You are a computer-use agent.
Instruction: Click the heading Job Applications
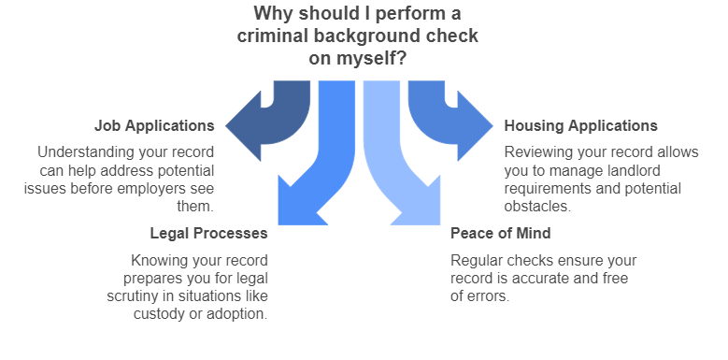tap(154, 125)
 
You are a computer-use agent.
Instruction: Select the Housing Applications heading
tap(580, 125)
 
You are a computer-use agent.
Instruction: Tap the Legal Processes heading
tap(209, 233)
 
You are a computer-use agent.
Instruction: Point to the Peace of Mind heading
tap(500, 233)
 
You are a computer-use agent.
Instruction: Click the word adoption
tap(240, 313)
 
